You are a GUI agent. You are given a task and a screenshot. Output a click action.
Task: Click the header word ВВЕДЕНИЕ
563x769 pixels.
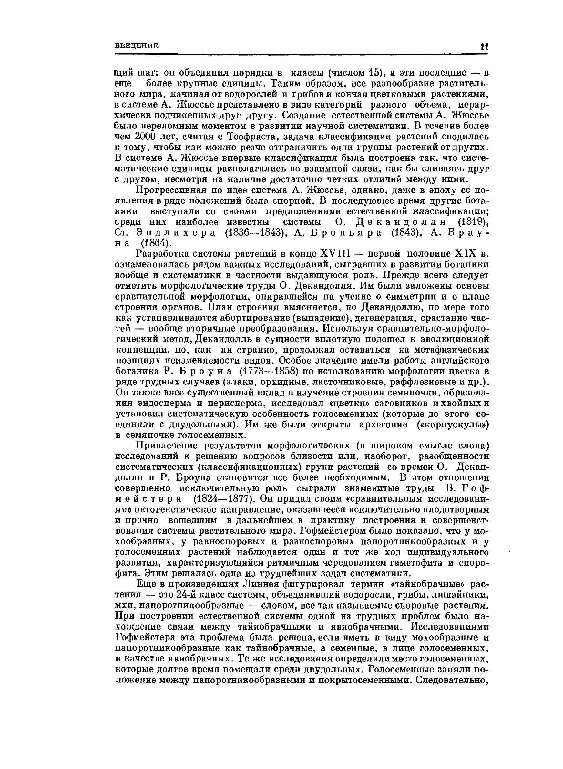pos(136,46)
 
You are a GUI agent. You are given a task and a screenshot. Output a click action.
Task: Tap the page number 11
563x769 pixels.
pos(484,47)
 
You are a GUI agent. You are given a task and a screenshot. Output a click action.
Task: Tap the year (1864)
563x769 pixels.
pos(155,243)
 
